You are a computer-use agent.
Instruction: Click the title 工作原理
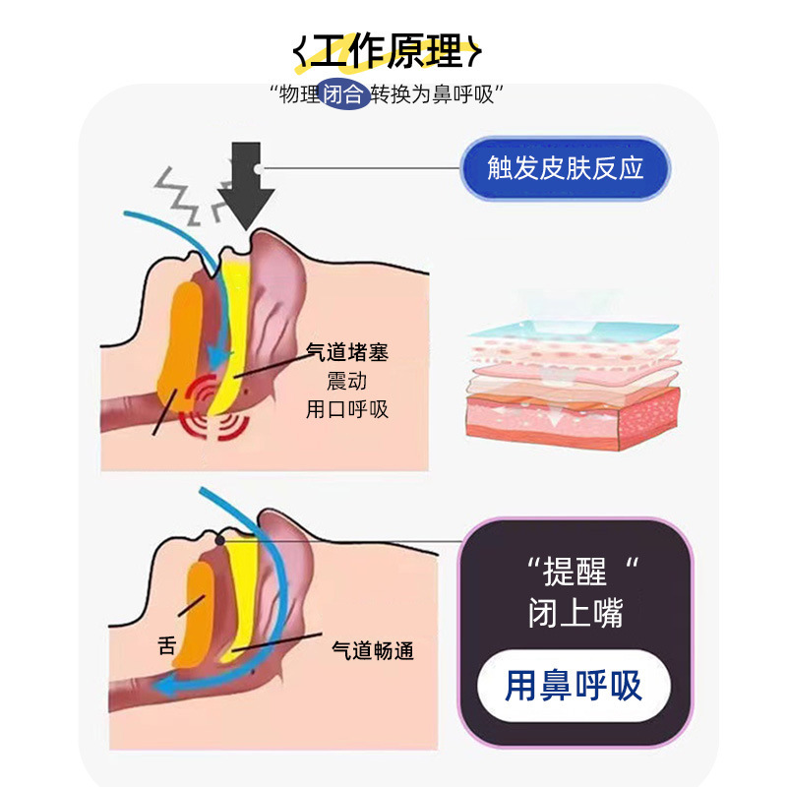coord(392,50)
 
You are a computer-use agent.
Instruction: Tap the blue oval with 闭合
coord(347,95)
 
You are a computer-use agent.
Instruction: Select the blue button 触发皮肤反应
coord(566,168)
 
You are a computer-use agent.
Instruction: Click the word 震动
coord(346,380)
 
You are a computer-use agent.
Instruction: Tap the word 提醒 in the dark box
coord(578,571)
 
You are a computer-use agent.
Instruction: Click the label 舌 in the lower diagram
coord(166,646)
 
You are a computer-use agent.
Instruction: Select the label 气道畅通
coord(372,650)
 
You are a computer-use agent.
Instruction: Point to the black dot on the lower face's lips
coord(218,540)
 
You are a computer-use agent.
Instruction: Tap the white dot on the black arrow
coord(257,168)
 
